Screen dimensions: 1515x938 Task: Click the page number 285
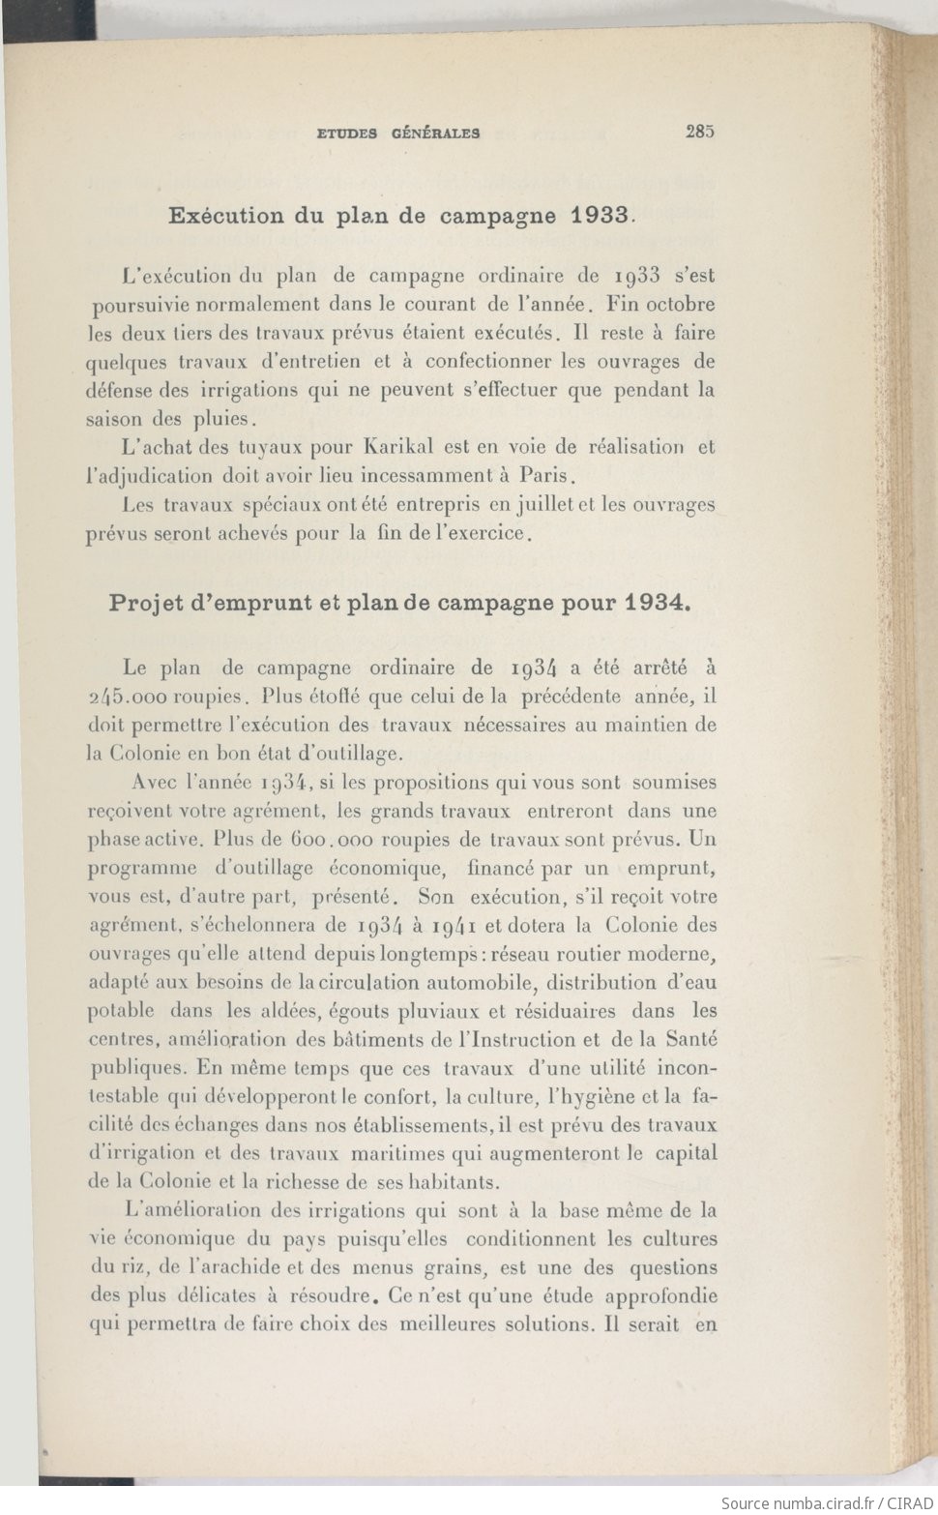coord(699,133)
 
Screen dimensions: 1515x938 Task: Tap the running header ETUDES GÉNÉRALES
coord(398,134)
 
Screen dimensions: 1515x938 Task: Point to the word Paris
coord(548,476)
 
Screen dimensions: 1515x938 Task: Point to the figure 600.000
coord(337,840)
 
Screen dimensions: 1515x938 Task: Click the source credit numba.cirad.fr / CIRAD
coord(828,1502)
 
